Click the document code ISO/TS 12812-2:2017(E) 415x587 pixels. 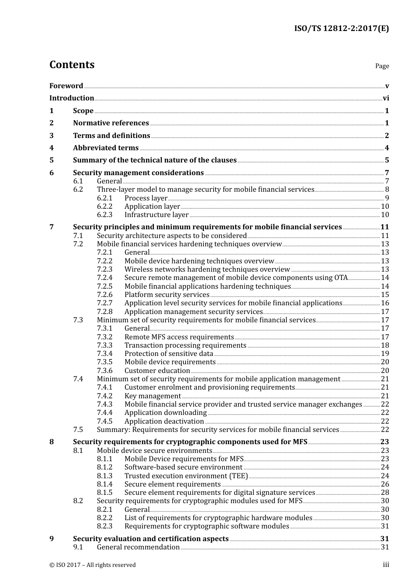point(341,29)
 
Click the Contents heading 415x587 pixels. point(72,65)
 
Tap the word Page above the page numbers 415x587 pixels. point(382,66)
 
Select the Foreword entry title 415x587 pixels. point(66,86)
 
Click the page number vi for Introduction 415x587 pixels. point(386,98)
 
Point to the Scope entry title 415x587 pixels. point(83,111)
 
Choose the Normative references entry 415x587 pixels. point(111,123)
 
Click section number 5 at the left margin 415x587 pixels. point(52,160)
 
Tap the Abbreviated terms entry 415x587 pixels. point(106,148)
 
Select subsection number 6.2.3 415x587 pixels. point(104,215)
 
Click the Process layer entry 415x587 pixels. point(146,198)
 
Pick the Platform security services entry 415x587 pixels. point(167,295)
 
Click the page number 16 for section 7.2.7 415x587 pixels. point(385,303)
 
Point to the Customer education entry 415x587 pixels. point(157,371)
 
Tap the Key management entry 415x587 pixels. point(152,396)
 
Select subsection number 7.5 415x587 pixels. point(78,430)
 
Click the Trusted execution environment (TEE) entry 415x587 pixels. point(186,476)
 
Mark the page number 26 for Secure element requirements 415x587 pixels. point(385,484)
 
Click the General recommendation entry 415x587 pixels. point(138,547)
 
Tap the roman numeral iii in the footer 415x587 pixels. point(386,565)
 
